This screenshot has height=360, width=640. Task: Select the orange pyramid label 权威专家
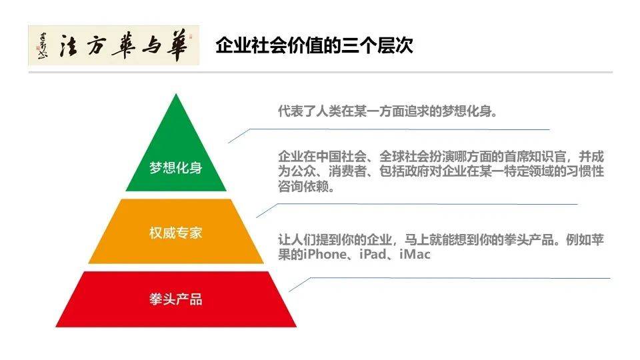click(176, 233)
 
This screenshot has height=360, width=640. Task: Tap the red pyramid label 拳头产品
click(176, 299)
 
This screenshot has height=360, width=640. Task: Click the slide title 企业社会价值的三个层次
click(314, 45)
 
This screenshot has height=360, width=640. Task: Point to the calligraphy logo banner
click(113, 45)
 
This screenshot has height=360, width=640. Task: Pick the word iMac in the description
click(415, 255)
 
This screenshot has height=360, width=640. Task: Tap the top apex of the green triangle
click(176, 96)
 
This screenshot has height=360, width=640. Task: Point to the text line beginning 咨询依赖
click(306, 187)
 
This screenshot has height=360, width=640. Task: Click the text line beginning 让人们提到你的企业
click(440, 240)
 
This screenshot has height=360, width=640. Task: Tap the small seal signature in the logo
click(41, 45)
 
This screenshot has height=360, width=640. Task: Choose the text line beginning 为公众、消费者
click(440, 173)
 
